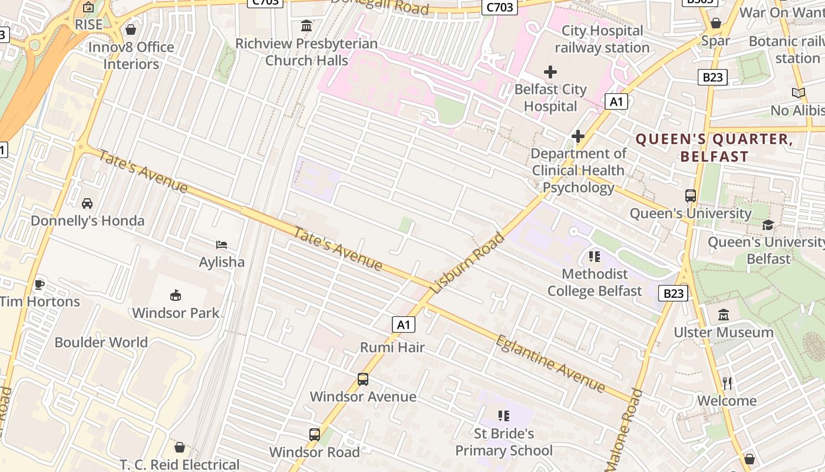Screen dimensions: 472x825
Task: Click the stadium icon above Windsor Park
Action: click(175, 295)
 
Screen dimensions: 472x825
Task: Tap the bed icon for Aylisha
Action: click(222, 244)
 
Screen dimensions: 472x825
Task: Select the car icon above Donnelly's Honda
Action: click(87, 204)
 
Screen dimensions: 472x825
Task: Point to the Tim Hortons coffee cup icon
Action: click(39, 284)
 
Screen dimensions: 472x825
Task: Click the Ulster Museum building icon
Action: click(724, 315)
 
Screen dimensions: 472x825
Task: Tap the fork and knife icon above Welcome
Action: click(727, 383)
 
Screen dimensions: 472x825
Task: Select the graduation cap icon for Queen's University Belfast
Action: click(768, 225)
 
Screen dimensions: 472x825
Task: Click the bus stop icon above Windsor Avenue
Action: click(363, 379)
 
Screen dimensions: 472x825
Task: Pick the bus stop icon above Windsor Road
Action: click(315, 435)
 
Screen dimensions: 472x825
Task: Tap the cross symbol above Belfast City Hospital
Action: click(550, 72)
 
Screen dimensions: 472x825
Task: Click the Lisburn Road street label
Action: click(468, 263)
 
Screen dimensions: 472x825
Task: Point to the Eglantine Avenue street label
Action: click(550, 364)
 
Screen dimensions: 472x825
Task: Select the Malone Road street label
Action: click(628, 428)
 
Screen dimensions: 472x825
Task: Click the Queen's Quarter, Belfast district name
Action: click(714, 147)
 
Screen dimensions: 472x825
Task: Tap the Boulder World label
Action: click(101, 342)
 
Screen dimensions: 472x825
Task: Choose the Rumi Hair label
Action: click(392, 347)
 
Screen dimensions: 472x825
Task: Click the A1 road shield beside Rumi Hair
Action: click(403, 324)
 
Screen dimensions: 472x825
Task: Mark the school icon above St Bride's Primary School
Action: click(503, 416)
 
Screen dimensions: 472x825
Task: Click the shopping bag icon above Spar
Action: click(715, 24)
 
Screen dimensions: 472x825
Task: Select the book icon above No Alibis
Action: click(798, 93)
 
